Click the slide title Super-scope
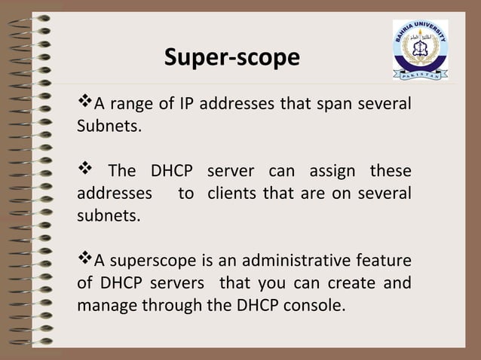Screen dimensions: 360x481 coord(231,58)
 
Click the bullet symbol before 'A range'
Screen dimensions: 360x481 coord(84,102)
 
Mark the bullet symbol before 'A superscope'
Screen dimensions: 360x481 coord(84,261)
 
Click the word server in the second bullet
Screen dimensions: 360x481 coord(231,171)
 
